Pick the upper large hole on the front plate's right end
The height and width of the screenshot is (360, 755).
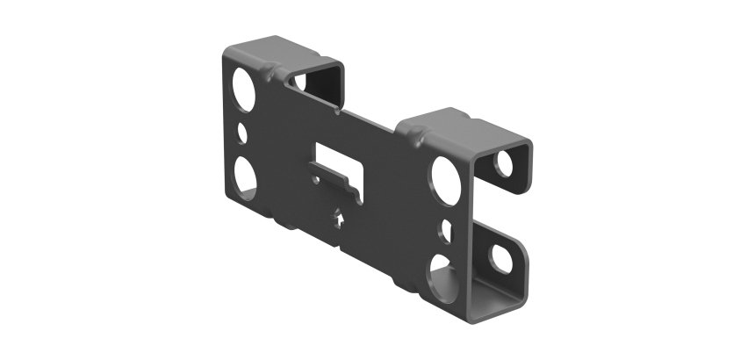(x=445, y=176)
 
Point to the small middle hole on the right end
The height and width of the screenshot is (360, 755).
(x=445, y=230)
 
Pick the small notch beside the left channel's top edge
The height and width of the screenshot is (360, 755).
(x=338, y=111)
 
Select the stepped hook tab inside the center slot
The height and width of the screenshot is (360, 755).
(x=353, y=186)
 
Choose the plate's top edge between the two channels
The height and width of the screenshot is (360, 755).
(x=369, y=118)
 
